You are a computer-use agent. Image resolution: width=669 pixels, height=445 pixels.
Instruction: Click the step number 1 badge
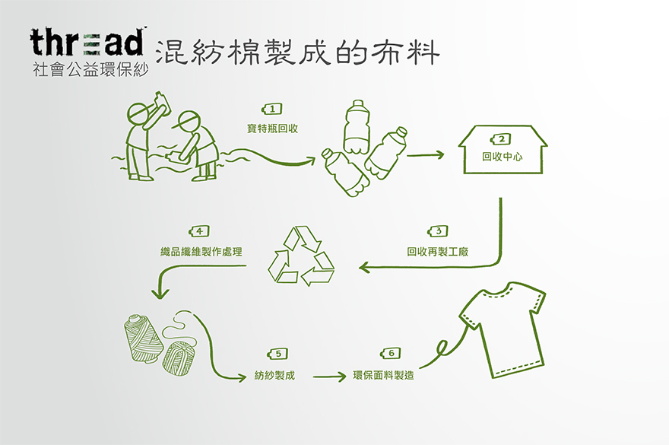pos(271,109)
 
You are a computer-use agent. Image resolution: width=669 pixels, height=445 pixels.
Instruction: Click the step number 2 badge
pos(502,138)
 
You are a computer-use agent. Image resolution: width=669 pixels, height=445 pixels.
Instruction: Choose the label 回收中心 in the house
pos(503,158)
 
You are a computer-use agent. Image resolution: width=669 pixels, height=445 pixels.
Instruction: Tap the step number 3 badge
pos(438,230)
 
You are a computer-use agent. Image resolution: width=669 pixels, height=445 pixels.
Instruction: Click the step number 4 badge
pos(198,230)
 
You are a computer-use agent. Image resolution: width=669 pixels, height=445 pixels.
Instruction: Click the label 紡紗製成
pos(274,375)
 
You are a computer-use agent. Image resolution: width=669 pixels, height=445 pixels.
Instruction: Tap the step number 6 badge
pos(389,354)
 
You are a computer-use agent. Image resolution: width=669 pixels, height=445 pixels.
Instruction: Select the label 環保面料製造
pos(384,375)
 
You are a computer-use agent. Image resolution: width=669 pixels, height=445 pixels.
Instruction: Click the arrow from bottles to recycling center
pos(425,156)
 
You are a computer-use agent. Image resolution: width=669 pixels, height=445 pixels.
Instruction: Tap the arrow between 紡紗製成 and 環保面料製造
pos(328,375)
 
